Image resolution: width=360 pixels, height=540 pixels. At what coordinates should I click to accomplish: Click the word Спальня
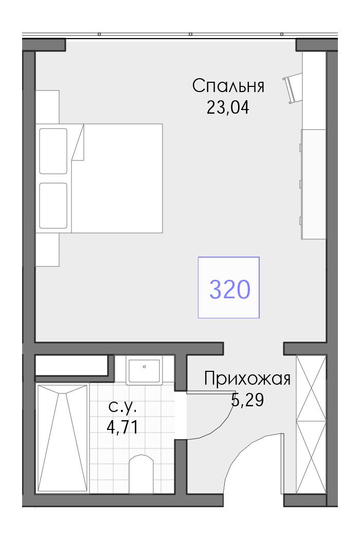[x=228, y=86]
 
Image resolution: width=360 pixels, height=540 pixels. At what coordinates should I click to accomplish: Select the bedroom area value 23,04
[x=228, y=108]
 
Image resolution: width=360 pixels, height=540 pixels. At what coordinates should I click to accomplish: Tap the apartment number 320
[x=230, y=289]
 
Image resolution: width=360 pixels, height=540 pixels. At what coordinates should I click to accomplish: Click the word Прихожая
[x=247, y=379]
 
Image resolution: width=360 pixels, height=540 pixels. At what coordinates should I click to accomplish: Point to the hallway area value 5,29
[x=247, y=400]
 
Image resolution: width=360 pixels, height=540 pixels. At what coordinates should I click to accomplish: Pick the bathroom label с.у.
[x=122, y=408]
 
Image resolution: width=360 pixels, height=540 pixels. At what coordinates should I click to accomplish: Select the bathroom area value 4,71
[x=122, y=427]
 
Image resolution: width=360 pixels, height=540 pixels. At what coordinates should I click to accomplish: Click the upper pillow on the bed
[x=53, y=151]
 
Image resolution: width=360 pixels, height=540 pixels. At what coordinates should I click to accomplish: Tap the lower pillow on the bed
[x=53, y=205]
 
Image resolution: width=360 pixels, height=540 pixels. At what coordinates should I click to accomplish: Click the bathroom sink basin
[x=145, y=371]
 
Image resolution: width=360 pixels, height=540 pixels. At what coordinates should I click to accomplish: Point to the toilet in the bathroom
[x=141, y=474]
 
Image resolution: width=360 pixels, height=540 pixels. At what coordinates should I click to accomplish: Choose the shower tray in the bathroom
[x=62, y=438]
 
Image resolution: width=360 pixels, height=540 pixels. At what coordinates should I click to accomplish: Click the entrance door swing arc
[x=241, y=451]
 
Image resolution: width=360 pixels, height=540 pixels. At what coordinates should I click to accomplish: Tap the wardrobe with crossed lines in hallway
[x=311, y=425]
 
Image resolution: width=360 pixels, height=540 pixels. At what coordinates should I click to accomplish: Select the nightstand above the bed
[x=47, y=107]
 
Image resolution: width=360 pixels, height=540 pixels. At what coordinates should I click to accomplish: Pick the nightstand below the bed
[x=47, y=249]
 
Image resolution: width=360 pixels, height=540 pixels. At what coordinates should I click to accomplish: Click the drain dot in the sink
[x=145, y=367]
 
